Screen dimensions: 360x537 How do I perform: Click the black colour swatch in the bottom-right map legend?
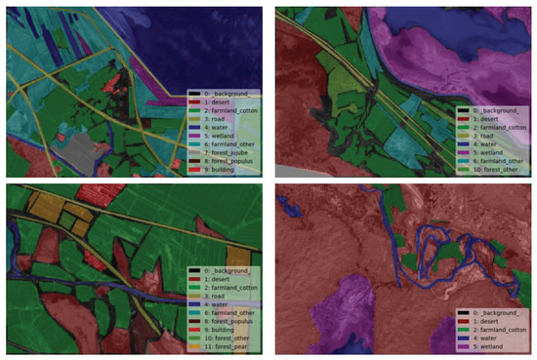[x=459, y=310]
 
